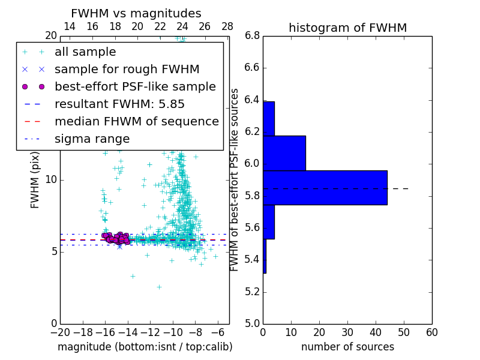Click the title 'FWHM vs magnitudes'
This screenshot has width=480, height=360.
pyautogui.click(x=136, y=14)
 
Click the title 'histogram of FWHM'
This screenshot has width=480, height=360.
pyautogui.click(x=347, y=28)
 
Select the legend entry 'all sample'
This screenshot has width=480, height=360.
pyautogui.click(x=85, y=52)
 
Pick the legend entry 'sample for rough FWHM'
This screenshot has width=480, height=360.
pyautogui.click(x=119, y=70)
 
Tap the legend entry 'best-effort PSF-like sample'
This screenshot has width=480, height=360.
pyautogui.click(x=135, y=86)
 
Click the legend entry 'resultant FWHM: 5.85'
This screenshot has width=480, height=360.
pyautogui.click(x=119, y=104)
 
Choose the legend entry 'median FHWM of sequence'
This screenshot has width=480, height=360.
pyautogui.click(x=136, y=121)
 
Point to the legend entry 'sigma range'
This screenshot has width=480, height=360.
pyautogui.click(x=92, y=139)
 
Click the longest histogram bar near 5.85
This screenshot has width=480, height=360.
pyautogui.click(x=325, y=188)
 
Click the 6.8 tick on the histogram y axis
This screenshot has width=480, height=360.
pyautogui.click(x=252, y=35)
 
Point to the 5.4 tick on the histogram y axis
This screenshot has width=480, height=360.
pyautogui.click(x=252, y=260)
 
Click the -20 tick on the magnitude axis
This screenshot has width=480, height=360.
pyautogui.click(x=60, y=332)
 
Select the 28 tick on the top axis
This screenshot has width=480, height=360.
pyautogui.click(x=227, y=26)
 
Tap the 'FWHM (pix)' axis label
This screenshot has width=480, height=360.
pyautogui.click(x=35, y=180)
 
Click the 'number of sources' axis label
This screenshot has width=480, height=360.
pyautogui.click(x=347, y=347)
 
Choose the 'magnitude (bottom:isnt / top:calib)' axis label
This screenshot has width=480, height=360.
pyautogui.click(x=145, y=347)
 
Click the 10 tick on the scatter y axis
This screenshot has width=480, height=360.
pyautogui.click(x=51, y=180)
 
